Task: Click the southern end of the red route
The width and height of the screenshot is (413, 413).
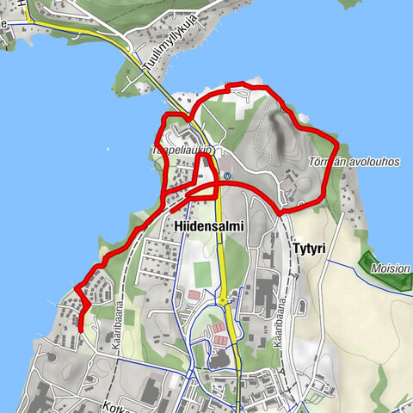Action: click(x=79, y=330)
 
